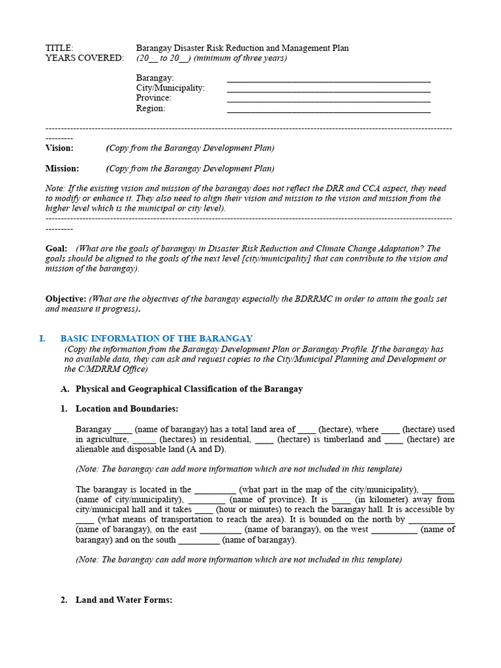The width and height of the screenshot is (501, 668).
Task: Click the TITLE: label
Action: [x=59, y=48]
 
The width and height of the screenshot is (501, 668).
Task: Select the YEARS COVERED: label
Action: [x=84, y=58]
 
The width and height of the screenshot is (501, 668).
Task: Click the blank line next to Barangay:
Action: [x=328, y=78]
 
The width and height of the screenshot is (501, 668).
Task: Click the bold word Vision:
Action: [x=59, y=148]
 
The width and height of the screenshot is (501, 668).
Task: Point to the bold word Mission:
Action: [x=62, y=168]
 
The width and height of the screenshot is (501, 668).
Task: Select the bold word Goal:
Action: [x=56, y=249]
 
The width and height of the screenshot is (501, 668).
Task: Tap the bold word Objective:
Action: [x=66, y=299]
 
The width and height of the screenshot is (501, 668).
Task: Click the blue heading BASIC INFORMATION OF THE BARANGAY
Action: [x=157, y=339]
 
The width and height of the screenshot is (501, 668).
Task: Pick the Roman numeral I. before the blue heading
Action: [x=42, y=339]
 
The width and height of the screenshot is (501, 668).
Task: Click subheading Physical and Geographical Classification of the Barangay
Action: [x=189, y=389]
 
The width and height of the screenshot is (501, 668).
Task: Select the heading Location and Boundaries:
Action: [x=127, y=409]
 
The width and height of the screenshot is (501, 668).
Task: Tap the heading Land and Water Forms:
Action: [x=124, y=600]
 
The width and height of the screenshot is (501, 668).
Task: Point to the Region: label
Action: [x=151, y=108]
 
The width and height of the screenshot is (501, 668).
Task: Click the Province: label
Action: [x=154, y=98]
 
